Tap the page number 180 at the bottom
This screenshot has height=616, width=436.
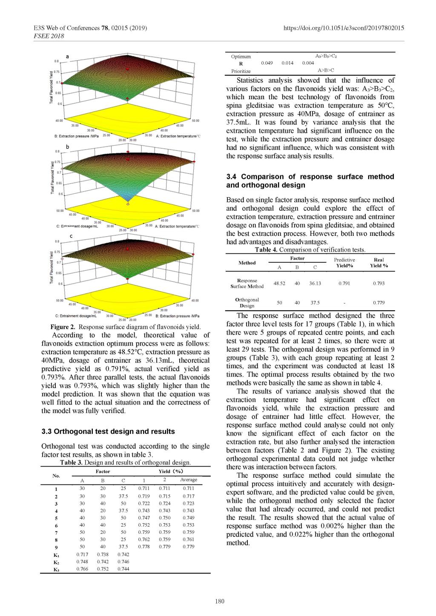pos(220,601)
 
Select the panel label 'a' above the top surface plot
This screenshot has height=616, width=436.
pos(67,56)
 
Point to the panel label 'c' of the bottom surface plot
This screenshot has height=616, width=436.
pos(71,235)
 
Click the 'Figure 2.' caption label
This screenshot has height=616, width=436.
pos(63,327)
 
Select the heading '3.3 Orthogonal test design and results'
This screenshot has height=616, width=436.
pos(108,431)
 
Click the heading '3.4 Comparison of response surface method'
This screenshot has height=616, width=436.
pos(310,177)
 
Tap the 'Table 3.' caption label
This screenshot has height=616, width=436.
pos(72,462)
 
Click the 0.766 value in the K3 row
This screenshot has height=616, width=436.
pos(82,569)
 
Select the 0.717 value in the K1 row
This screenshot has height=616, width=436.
pos(82,554)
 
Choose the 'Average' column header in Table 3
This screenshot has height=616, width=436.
pos(189,480)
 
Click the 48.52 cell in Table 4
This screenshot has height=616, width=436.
pos(279,283)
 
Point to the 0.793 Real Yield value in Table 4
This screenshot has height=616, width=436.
pos(379,283)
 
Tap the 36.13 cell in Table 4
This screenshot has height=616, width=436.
pos(315,283)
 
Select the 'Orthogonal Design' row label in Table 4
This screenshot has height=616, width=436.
pos(247,303)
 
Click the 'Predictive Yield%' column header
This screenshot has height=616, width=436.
pos(344,263)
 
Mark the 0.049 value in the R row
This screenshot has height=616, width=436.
pos(267,63)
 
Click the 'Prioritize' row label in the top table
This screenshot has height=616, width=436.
pos(241,71)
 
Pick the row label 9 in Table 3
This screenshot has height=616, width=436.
pos(56,547)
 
